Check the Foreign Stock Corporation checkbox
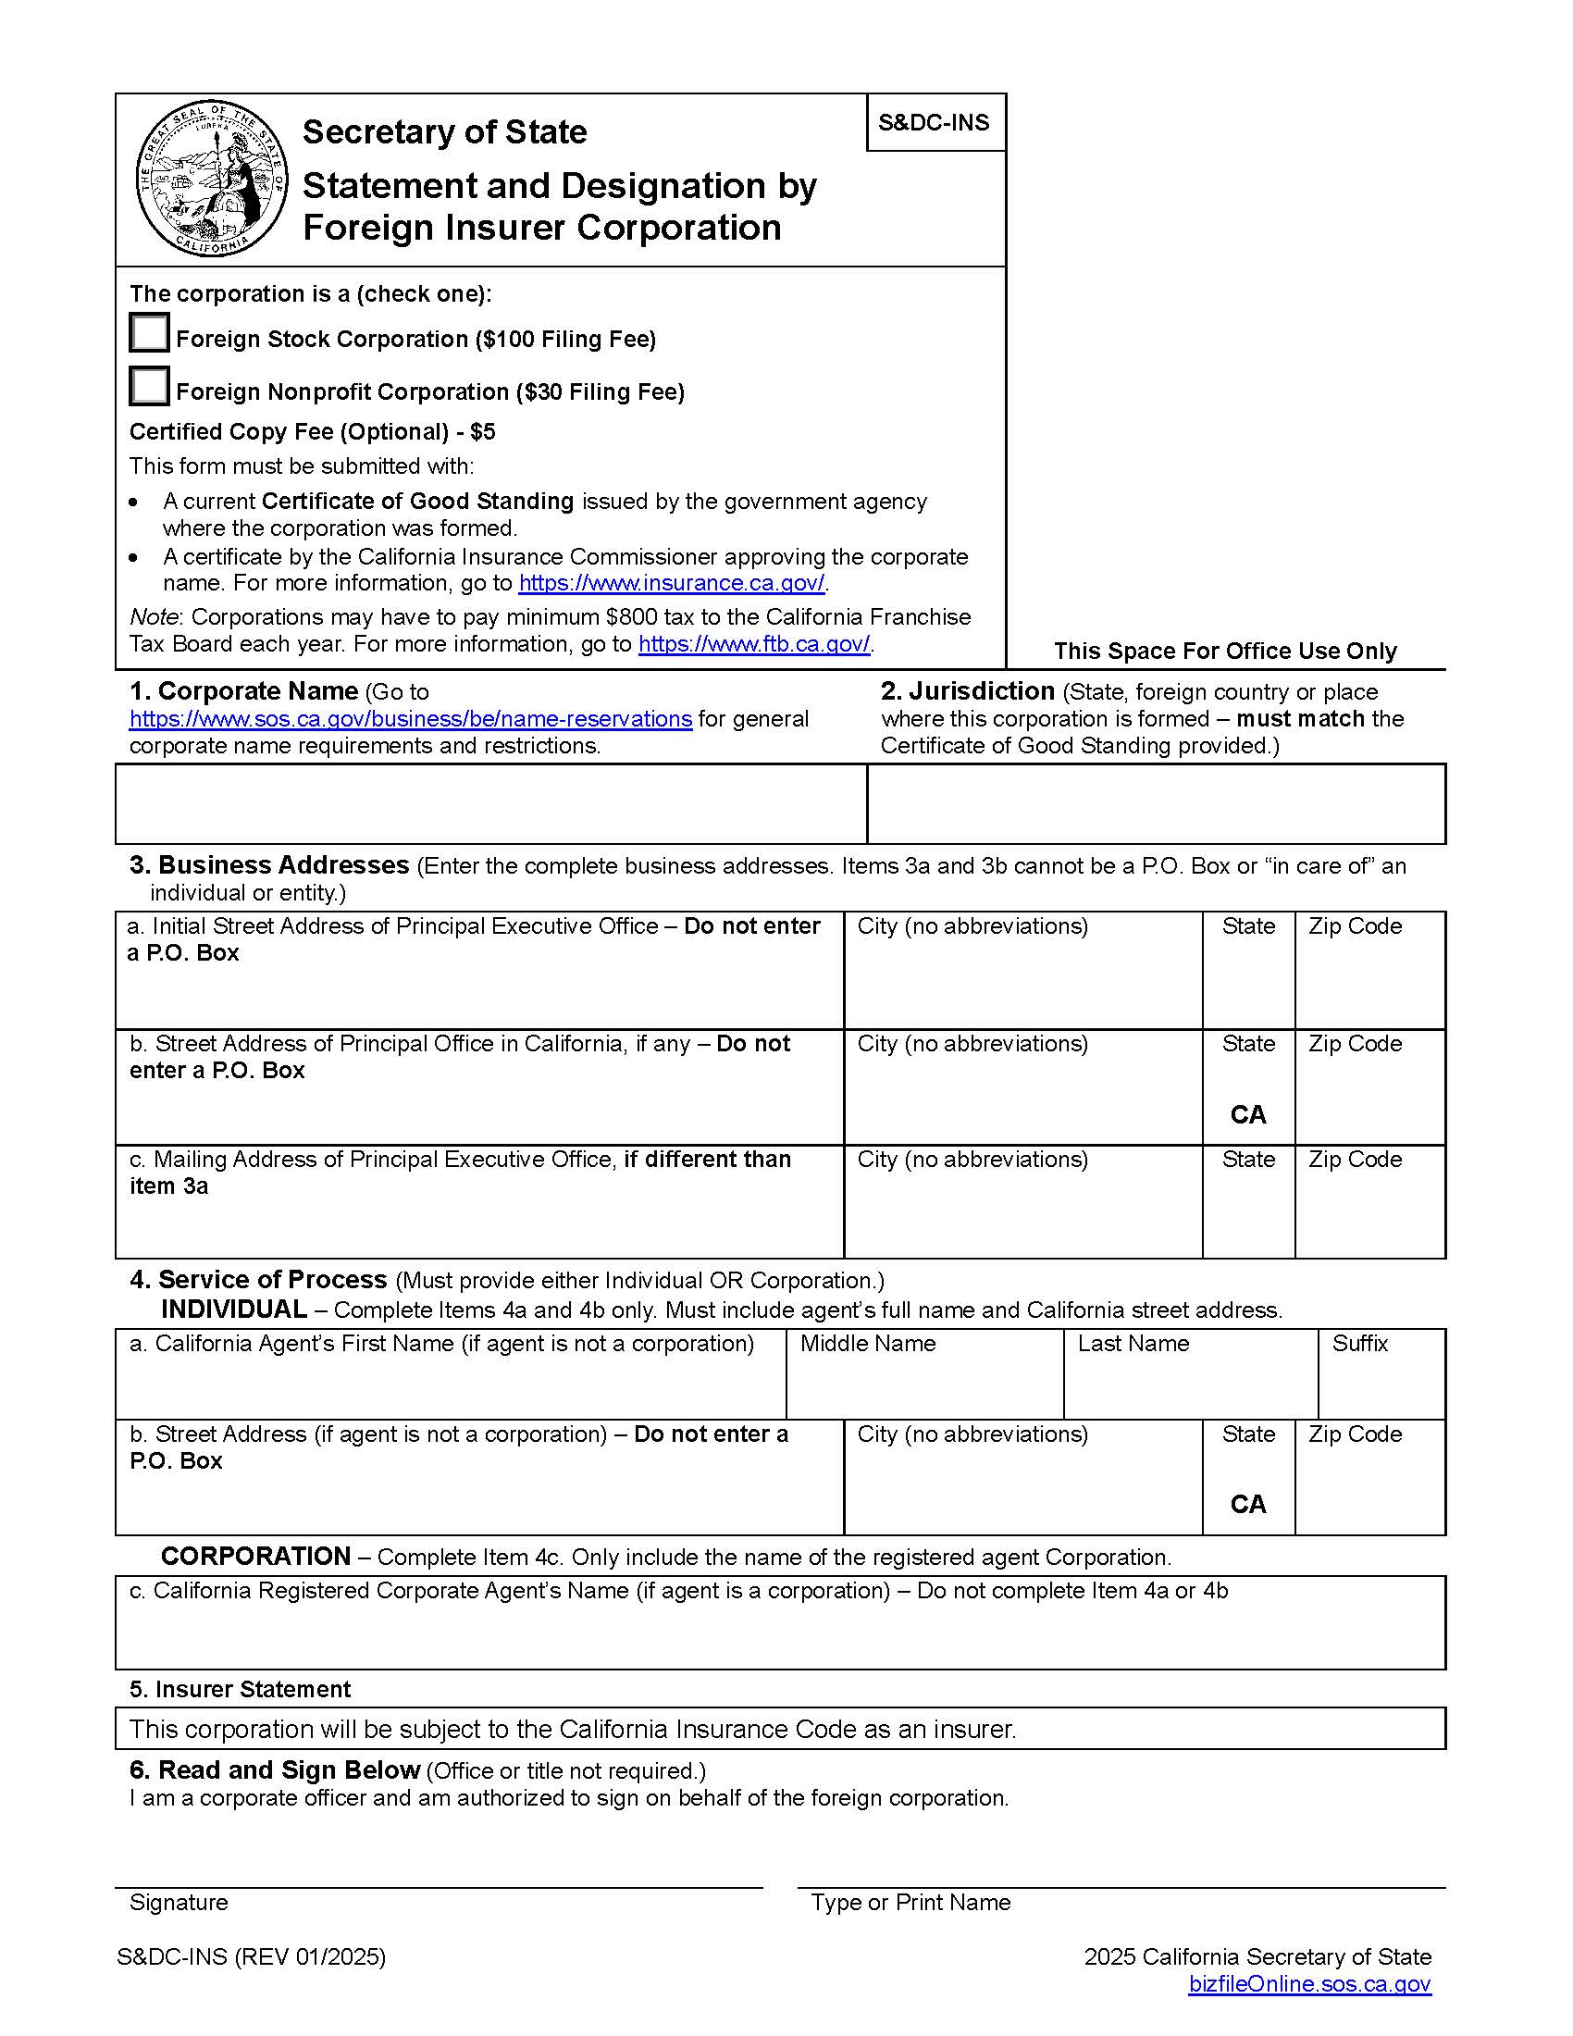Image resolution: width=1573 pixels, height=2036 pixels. pos(149,333)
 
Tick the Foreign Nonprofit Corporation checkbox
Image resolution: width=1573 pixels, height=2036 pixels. pos(149,386)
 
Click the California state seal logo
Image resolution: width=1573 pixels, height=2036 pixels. pos(212,180)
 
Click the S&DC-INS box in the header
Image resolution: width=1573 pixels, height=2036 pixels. pos(935,122)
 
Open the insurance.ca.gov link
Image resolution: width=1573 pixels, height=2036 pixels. pos(671,584)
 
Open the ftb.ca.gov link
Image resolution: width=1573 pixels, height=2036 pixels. pos(754,644)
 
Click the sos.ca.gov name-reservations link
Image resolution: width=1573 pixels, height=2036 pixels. pos(410,719)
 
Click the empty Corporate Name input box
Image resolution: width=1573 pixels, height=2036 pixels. pos(491,803)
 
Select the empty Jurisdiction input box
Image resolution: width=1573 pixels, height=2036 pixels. pos(1156,803)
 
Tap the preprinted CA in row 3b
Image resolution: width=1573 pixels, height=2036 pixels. pos(1248,1115)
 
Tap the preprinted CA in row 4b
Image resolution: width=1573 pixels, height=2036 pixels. pos(1248,1504)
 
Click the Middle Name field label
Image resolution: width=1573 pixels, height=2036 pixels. pos(868,1344)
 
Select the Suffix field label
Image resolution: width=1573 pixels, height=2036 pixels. pos(1359,1344)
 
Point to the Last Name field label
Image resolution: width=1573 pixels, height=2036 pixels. pos(1133,1344)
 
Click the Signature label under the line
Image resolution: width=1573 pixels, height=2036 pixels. pos(179,1902)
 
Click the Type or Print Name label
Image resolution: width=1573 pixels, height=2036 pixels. pos(910,1902)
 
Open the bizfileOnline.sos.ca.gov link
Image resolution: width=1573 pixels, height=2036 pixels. pos(1309,1984)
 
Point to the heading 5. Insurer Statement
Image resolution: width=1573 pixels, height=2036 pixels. pos(240,1689)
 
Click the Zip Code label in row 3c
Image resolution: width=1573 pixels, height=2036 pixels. pos(1355,1159)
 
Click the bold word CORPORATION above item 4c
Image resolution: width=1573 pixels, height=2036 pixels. pos(255,1557)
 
